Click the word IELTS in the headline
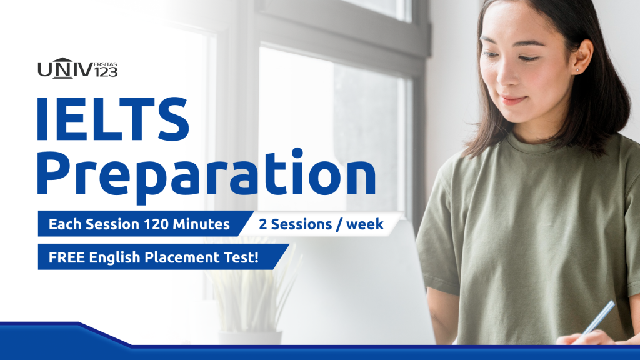coord(113,119)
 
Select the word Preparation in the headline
coord(206,176)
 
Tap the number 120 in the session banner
coord(156,224)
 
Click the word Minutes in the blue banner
coord(201,224)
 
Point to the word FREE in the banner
coord(67,257)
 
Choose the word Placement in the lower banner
coord(182,257)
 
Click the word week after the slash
coord(365,224)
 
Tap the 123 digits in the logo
coord(106,72)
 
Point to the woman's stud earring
coord(577,70)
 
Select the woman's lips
coord(514,99)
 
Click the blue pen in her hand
coord(598,317)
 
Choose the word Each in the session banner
coord(65,224)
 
